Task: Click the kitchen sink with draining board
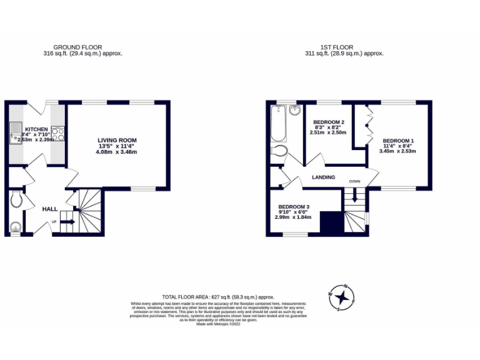pyautogui.click(x=15, y=133)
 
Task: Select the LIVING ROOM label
pyautogui.click(x=117, y=140)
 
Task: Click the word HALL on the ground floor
pyautogui.click(x=50, y=209)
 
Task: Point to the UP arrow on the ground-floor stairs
pyautogui.click(x=67, y=221)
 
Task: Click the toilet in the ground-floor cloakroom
pyautogui.click(x=17, y=200)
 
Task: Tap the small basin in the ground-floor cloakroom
pyautogui.click(x=15, y=226)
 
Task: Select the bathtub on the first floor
pyautogui.click(x=278, y=123)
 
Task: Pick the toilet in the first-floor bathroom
pyautogui.click(x=279, y=151)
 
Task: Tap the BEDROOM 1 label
pyautogui.click(x=398, y=140)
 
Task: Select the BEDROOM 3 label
pyautogui.click(x=294, y=206)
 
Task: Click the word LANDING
pyautogui.click(x=323, y=177)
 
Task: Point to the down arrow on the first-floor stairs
pyautogui.click(x=355, y=195)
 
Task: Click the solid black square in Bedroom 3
pyautogui.click(x=329, y=222)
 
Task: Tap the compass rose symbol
pyautogui.click(x=341, y=296)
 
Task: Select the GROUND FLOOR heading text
pyautogui.click(x=77, y=47)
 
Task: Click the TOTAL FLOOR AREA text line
pyautogui.click(x=218, y=297)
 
